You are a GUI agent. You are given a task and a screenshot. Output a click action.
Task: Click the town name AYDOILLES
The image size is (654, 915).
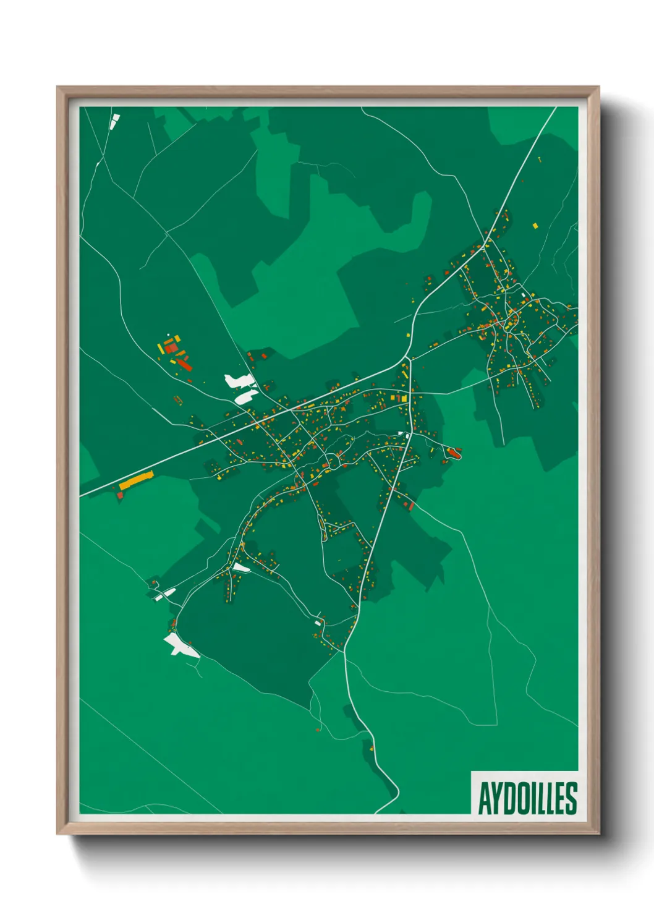[527, 798]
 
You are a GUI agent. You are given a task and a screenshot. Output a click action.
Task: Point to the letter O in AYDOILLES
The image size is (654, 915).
[520, 798]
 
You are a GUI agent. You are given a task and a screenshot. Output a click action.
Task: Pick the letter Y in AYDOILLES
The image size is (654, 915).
[496, 798]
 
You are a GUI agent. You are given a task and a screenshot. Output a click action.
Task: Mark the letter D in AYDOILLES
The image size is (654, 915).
[508, 798]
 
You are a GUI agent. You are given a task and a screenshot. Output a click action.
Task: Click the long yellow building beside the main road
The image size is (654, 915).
[136, 480]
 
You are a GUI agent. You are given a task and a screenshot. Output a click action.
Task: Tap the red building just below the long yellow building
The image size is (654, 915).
[121, 495]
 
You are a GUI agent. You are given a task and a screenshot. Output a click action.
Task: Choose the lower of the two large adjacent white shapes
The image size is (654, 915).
[245, 396]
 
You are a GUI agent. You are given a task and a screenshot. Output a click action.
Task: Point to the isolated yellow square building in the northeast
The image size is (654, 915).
[535, 226]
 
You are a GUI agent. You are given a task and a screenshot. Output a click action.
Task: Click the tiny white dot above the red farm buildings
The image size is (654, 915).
[168, 335]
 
